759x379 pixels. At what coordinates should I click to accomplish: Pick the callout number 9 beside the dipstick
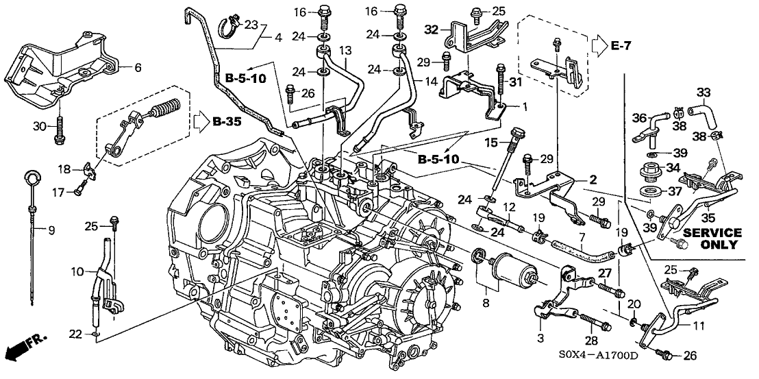click(49, 230)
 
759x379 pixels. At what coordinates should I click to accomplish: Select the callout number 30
click(40, 126)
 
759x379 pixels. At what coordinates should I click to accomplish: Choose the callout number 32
click(431, 29)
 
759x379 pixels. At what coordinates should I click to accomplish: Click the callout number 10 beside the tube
click(77, 271)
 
